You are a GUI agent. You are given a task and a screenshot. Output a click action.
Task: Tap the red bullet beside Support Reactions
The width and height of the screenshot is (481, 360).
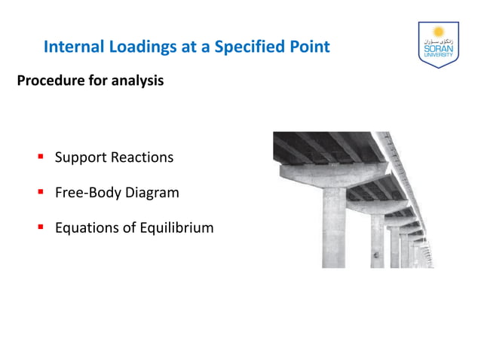click(41, 157)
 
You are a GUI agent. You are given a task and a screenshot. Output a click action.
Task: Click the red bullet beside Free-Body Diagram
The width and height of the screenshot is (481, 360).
click(41, 192)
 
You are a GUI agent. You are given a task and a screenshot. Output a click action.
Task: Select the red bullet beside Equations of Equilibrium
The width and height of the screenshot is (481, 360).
click(41, 227)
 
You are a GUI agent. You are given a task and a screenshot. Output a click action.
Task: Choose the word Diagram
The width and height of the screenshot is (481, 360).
click(152, 193)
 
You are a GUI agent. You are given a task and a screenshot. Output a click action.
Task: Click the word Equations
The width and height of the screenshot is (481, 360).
click(87, 227)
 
